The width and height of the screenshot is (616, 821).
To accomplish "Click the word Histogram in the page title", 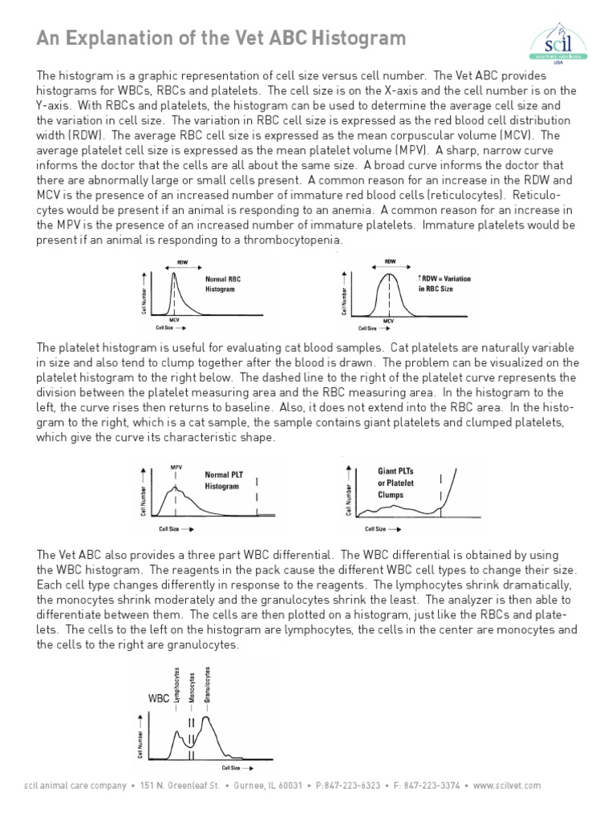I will (x=351, y=38).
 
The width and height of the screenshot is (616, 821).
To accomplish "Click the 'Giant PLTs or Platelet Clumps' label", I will (x=395, y=483).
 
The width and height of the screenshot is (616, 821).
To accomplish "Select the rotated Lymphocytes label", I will (x=176, y=684).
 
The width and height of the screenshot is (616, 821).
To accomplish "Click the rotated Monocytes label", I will (x=192, y=686).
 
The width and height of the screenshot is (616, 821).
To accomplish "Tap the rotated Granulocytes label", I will (x=208, y=684).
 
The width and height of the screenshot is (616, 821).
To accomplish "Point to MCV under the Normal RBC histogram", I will (x=174, y=321).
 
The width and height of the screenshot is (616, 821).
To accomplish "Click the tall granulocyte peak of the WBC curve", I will (x=207, y=718).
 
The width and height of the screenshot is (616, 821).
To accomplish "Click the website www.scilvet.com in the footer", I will (x=507, y=785).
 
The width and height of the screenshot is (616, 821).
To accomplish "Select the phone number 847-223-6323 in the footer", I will (x=353, y=785).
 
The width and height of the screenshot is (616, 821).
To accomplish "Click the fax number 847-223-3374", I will (x=432, y=785).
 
